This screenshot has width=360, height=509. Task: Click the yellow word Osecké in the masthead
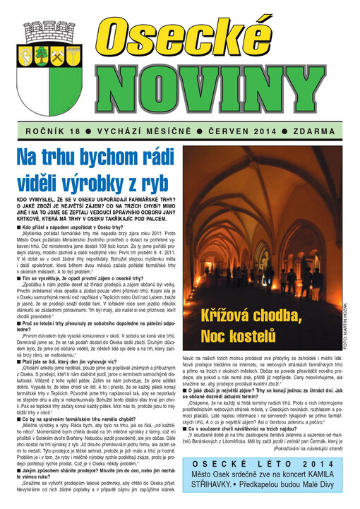(x=220, y=36)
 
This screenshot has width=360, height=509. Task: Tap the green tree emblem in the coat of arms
(x=41, y=54)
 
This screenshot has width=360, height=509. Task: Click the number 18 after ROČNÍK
(x=76, y=132)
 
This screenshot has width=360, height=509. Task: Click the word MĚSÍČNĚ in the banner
(x=170, y=132)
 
